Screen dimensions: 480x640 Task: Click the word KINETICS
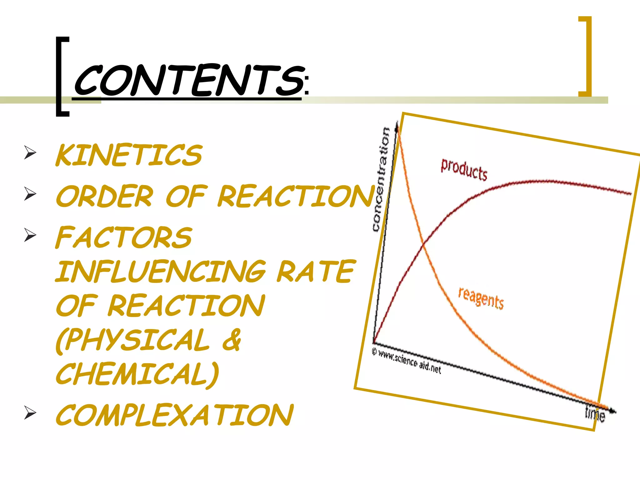click(129, 155)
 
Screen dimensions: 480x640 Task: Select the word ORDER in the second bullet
click(105, 196)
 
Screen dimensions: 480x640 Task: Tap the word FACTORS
click(124, 237)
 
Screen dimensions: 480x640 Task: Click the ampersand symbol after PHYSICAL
click(232, 340)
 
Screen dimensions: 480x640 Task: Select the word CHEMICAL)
click(137, 374)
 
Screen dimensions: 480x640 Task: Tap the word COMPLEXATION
click(174, 415)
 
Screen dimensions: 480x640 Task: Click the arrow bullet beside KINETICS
click(30, 153)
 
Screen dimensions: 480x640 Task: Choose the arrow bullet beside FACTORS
click(30, 235)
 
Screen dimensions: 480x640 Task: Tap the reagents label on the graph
click(481, 298)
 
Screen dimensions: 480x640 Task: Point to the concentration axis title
click(381, 179)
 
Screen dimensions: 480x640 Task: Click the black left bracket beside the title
click(62, 77)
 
